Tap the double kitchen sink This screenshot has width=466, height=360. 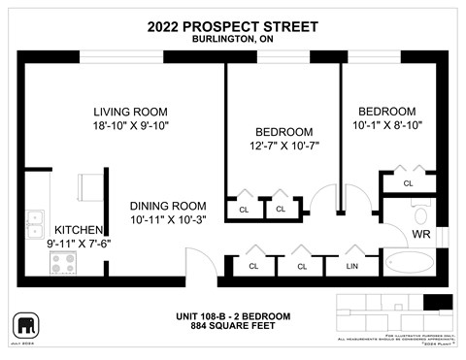[x=36, y=224]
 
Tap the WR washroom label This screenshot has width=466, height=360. [x=421, y=235]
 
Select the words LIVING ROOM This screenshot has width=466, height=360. [x=131, y=111]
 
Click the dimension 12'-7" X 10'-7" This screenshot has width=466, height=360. [x=283, y=146]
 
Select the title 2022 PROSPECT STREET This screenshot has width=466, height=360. [x=232, y=26]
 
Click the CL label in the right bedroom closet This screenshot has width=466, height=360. [x=408, y=182]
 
